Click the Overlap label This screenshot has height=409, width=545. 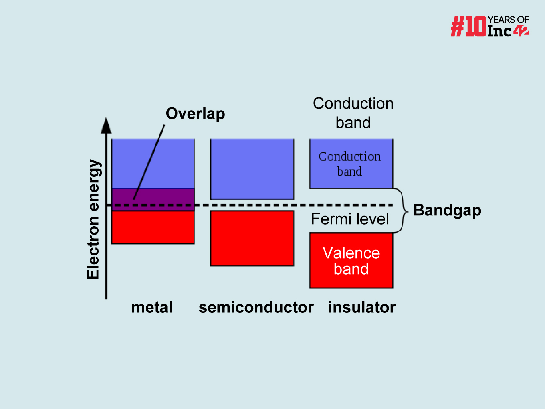click(195, 114)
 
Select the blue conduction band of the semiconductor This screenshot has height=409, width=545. click(252, 169)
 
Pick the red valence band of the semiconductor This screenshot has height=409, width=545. click(252, 238)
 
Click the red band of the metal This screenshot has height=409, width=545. click(153, 227)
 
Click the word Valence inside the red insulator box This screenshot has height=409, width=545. click(351, 253)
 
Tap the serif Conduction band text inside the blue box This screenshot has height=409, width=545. click(349, 164)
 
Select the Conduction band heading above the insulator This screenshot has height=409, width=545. click(353, 113)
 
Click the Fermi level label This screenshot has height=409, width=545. click(350, 219)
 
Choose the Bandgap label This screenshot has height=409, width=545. click(447, 210)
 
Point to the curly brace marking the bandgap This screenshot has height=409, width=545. click(404, 211)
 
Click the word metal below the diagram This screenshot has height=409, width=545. click(152, 308)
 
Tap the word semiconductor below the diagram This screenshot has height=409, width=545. click(256, 308)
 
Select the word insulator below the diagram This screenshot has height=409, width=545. click(362, 308)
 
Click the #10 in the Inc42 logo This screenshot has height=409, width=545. click(468, 27)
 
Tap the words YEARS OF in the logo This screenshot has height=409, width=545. click(509, 20)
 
